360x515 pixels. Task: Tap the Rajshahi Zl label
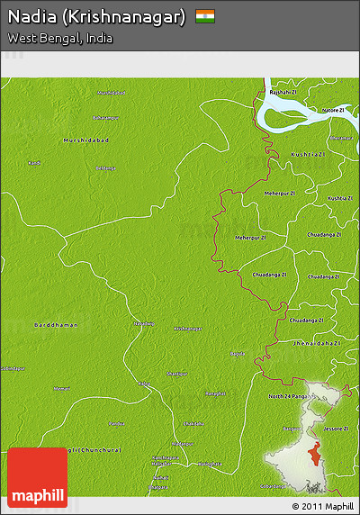coord(278,92)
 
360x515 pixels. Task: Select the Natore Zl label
coord(333,109)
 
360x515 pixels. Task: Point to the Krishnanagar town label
coord(188,329)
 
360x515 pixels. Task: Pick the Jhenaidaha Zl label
coord(317,343)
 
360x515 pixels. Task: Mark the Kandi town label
coord(34,163)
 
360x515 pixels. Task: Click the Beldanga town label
coord(105,168)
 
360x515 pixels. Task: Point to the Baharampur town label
coord(105,118)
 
